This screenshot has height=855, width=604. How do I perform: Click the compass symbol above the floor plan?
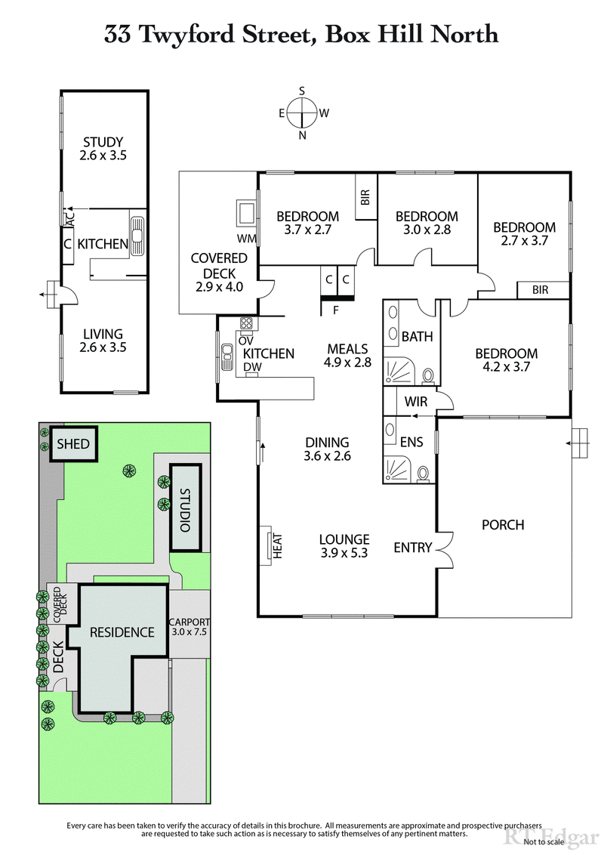click(x=302, y=113)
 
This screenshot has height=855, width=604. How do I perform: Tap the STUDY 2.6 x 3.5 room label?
click(x=103, y=149)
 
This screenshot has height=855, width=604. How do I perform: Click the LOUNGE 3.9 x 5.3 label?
click(x=344, y=546)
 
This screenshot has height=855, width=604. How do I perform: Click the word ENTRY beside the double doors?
click(x=412, y=548)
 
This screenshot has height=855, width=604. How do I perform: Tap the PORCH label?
click(x=502, y=525)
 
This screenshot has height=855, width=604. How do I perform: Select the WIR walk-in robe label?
click(x=416, y=402)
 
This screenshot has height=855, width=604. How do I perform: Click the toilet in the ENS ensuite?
click(x=424, y=474)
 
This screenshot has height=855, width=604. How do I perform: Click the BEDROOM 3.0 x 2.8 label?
click(x=427, y=223)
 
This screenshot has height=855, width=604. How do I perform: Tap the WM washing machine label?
click(x=246, y=239)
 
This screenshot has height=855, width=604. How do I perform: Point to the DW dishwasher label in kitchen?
click(x=251, y=368)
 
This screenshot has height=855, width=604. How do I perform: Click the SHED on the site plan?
click(x=71, y=444)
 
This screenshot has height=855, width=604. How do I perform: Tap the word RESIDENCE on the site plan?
click(x=122, y=632)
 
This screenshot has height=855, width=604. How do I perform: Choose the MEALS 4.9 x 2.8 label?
click(x=347, y=356)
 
